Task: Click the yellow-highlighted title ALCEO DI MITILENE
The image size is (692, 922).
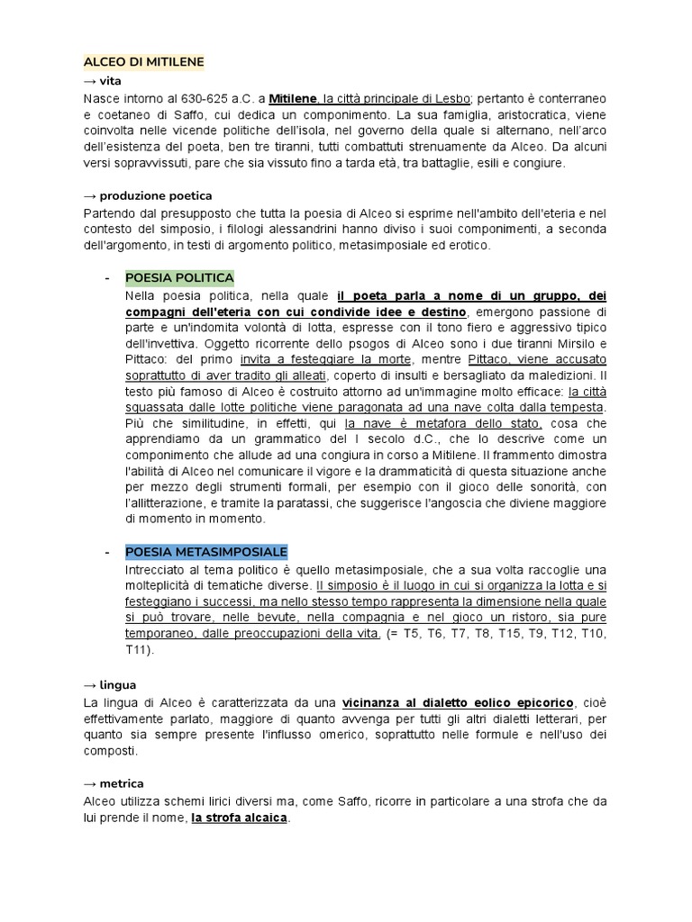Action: pos(144,62)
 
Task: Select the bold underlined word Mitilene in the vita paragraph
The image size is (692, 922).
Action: pos(294,97)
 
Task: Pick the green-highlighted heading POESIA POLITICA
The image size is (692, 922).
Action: pos(179,277)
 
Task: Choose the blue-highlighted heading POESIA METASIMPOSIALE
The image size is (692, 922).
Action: pos(206,552)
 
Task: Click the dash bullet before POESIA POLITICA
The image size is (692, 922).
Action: pos(107,277)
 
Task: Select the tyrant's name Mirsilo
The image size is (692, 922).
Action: pos(563,343)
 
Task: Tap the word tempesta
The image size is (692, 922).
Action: pos(574,408)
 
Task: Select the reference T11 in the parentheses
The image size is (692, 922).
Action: pos(140,649)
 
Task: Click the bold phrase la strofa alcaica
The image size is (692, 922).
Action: pos(239,818)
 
